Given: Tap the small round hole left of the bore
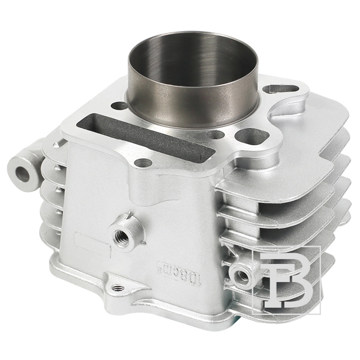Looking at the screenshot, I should pos(119,106).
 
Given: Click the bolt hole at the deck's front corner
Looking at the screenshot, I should pos(143,163).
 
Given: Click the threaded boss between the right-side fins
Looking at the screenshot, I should pos(243,276).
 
